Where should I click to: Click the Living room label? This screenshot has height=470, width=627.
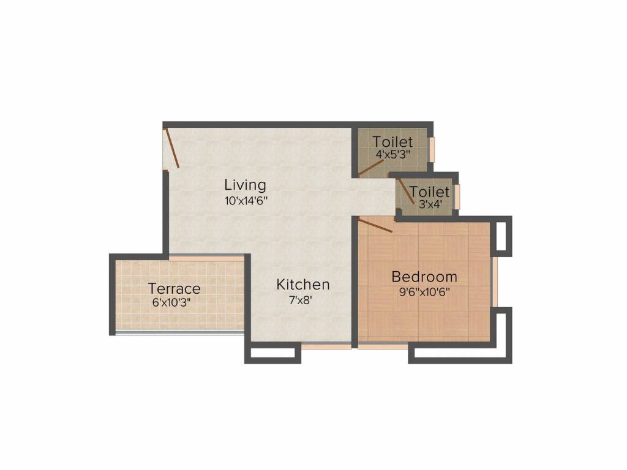coord(245,185)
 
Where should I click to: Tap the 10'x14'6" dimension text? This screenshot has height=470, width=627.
coord(246,200)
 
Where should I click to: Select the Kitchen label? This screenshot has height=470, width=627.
coord(303,285)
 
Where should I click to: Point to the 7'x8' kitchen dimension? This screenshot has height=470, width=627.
coord(300,300)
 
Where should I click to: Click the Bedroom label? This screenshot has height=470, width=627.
coord(424,277)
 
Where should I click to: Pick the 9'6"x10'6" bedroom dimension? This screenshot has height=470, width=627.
coord(425,292)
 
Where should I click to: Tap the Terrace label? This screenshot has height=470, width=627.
coord(175,288)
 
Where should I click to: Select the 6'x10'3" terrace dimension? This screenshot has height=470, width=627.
coord(171,302)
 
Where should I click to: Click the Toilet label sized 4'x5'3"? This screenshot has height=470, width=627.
coord(392,141)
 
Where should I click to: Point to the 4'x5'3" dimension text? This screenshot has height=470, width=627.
coord(394,154)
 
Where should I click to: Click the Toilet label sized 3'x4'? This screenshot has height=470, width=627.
coord(429,192)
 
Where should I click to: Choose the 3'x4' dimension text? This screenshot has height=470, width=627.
coord(430,204)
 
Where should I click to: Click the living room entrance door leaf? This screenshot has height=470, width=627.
coord(172,148)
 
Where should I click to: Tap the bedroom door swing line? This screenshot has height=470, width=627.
coord(375,225)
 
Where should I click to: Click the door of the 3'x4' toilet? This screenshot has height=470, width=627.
coord(407,188)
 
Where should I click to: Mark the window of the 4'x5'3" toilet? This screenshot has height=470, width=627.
coord(432,149)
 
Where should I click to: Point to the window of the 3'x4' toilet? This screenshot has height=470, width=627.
coord(457,196)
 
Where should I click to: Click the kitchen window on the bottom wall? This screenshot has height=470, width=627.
coord(326,346)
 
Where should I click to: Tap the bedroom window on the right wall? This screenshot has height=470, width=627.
coord(494,282)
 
